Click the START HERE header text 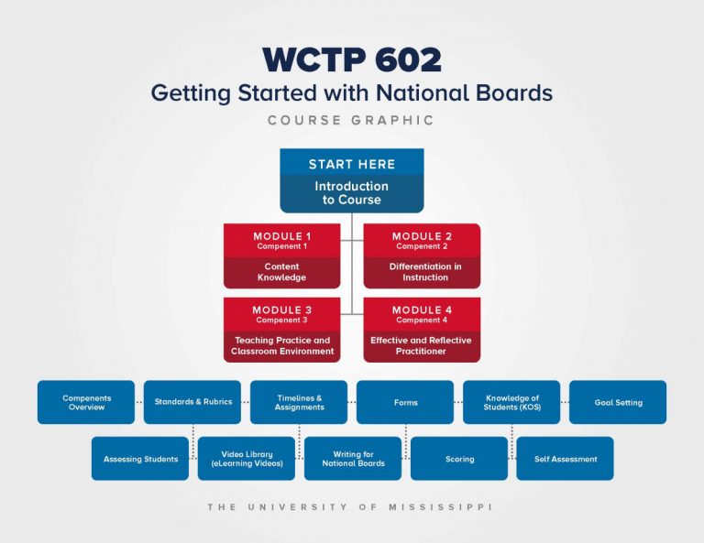[352, 164]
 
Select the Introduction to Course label [352, 193]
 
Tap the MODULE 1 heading [282, 236]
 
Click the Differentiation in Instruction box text [425, 272]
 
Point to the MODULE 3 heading [282, 310]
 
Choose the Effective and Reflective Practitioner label [421, 346]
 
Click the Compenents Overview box [86, 402]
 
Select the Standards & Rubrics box [192, 402]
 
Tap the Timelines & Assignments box [299, 402]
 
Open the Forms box [405, 402]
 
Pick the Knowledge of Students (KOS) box [511, 402]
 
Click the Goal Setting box [618, 402]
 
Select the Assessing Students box [140, 459]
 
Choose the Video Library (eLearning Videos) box [247, 459]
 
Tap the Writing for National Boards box [353, 459]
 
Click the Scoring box [459, 459]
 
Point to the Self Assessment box [566, 459]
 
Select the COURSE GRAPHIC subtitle [351, 120]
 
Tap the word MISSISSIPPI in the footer [440, 507]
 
